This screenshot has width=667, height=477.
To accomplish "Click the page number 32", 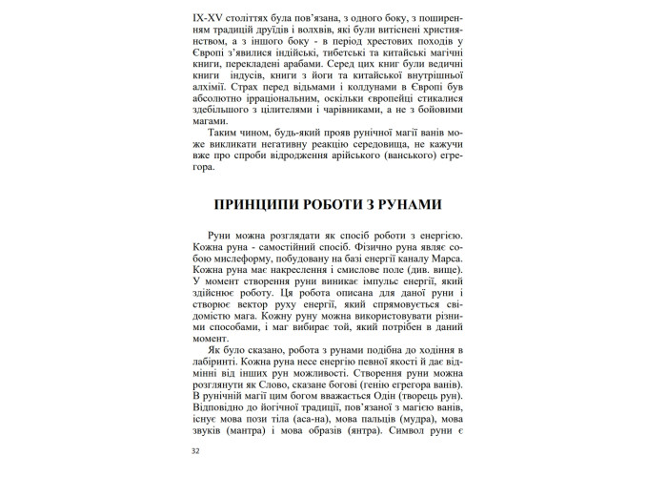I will click(x=196, y=451).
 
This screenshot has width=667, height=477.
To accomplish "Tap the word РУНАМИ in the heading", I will click(x=416, y=206).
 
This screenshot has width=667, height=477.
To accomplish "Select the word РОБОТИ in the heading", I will click(x=343, y=206).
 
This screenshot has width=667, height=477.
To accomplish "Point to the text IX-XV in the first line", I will click(x=207, y=15).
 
